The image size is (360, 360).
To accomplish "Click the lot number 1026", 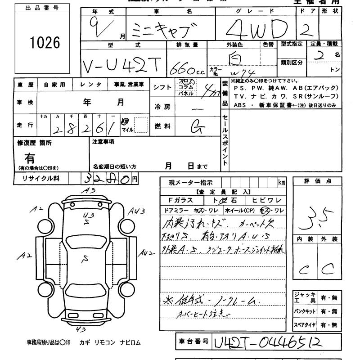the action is [x=44, y=43].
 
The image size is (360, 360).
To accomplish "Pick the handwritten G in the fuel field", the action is [x=195, y=127].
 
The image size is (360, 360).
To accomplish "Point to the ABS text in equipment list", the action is [x=240, y=105].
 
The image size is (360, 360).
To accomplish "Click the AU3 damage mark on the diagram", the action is [x=135, y=211].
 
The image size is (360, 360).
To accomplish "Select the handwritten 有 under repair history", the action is [x=30, y=158].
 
